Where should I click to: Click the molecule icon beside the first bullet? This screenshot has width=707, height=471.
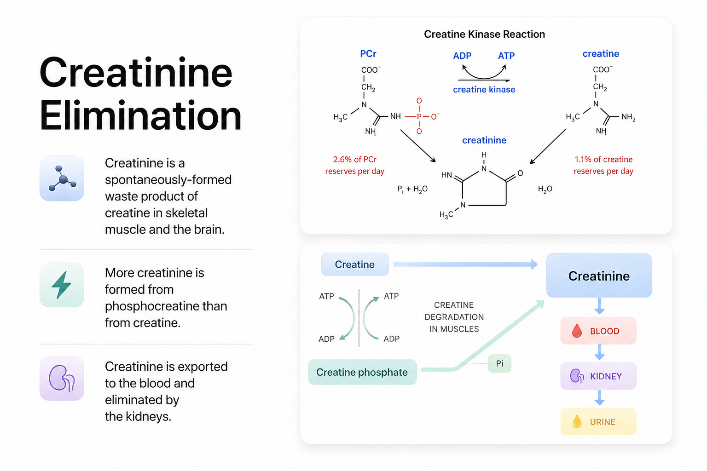tap(62, 178)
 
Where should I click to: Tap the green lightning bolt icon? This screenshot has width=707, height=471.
tap(62, 285)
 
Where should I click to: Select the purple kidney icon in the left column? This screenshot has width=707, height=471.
tap(62, 378)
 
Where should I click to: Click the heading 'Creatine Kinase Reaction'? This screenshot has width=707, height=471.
tap(484, 34)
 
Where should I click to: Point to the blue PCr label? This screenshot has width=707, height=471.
tap(368, 54)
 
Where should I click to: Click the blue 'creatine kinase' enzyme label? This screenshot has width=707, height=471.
tap(484, 90)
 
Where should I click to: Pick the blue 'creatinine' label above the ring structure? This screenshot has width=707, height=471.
tap(484, 140)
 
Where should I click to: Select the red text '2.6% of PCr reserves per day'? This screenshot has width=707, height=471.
tap(355, 165)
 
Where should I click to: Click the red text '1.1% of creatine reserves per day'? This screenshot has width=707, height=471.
tap(603, 165)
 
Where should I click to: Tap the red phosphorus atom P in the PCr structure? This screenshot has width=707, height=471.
tap(419, 116)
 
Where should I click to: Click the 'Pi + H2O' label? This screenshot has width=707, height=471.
tap(412, 189)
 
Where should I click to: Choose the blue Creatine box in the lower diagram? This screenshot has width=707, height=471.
tap(355, 264)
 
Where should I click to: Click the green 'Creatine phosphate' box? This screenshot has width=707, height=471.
tap(362, 372)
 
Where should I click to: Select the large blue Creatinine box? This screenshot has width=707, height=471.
tap(599, 276)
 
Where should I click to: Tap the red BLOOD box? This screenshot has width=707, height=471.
tap(598, 331)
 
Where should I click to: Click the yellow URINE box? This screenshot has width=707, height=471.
tap(598, 421)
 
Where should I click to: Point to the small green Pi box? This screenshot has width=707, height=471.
tap(499, 363)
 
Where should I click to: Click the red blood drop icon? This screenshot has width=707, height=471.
tap(577, 331)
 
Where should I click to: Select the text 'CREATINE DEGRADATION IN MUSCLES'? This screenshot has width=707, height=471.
tap(454, 317)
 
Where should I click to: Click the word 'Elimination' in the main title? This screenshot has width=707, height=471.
tap(140, 115)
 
